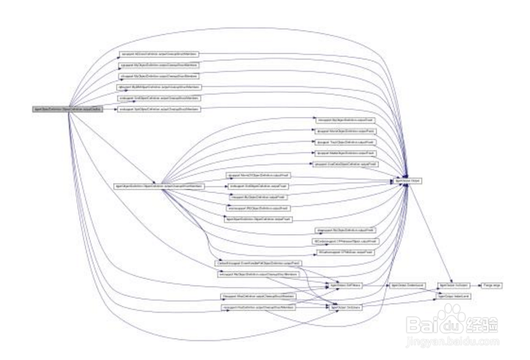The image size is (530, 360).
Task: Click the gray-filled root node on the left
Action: pyautogui.click(x=66, y=109)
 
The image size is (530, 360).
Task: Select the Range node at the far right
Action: pyautogui.click(x=493, y=287)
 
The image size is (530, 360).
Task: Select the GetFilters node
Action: pyautogui.click(x=347, y=287)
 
